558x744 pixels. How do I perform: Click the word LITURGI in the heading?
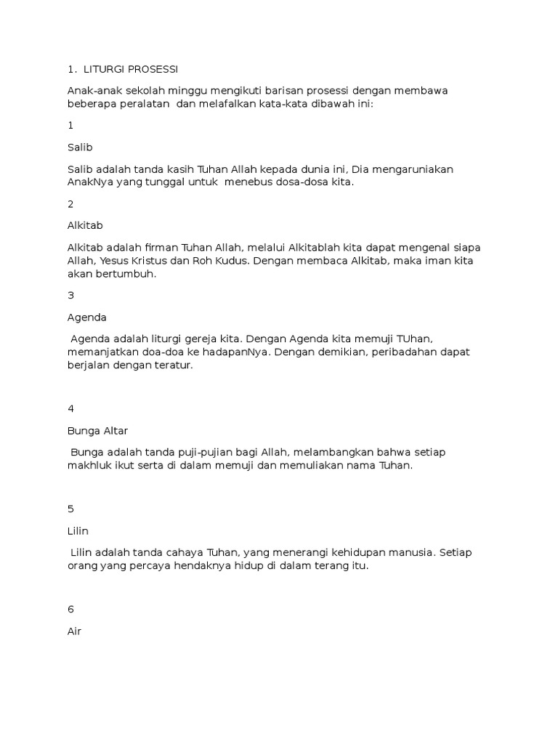click(x=104, y=69)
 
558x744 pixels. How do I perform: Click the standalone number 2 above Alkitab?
click(x=70, y=204)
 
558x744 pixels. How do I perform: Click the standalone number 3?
click(x=70, y=295)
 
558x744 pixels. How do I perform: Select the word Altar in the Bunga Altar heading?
click(x=114, y=431)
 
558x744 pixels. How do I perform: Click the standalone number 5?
click(x=70, y=509)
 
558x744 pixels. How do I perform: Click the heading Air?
click(x=74, y=631)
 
